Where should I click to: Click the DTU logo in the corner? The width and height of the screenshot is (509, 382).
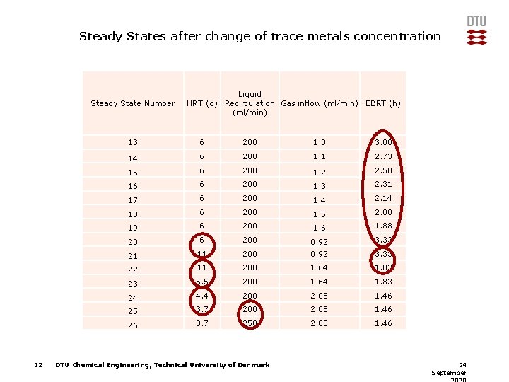pos(476,30)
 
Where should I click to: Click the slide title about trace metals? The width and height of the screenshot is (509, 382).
pos(259,36)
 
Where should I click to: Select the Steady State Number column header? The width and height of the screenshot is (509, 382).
pos(133,103)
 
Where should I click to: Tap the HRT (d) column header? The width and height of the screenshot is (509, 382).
pos(201,103)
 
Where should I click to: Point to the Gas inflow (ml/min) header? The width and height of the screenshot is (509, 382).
pos(320,103)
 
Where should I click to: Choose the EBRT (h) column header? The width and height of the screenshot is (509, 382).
pos(383,103)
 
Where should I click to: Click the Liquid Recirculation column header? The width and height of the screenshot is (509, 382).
pos(250,103)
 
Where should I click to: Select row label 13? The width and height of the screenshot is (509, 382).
pos(133,143)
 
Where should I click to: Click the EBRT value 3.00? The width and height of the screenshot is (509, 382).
pos(383,142)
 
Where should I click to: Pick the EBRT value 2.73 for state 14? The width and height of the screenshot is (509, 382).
pos(383,156)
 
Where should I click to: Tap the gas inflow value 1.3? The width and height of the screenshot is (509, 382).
pos(320,185)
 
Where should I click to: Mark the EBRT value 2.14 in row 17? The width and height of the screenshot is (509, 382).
pos(383,199)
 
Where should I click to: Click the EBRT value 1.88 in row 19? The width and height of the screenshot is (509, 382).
pos(383,226)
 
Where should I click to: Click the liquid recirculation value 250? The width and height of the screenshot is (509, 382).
pos(250,323)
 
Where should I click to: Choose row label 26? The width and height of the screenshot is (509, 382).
pos(133,325)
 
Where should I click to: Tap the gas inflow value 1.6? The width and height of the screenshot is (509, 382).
pos(320,227)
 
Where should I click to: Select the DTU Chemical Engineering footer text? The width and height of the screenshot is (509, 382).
pos(162,365)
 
